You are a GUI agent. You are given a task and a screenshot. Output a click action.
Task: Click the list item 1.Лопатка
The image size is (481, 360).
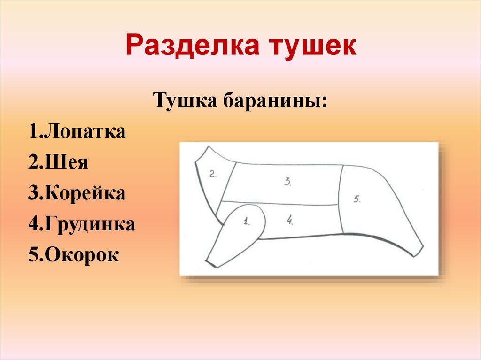click(x=77, y=132)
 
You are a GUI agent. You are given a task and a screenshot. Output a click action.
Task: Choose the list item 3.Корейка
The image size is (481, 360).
click(x=77, y=193)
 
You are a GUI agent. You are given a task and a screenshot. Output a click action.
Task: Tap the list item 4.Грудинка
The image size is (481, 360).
click(x=81, y=224)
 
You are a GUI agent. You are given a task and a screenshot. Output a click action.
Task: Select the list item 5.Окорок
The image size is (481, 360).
click(x=73, y=255)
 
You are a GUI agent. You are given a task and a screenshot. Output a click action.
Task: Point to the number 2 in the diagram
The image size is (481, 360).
click(x=213, y=174)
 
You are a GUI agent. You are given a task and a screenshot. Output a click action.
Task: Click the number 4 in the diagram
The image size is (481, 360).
click(x=290, y=219)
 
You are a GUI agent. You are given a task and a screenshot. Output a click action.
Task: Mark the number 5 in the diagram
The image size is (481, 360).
click(x=357, y=199)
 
